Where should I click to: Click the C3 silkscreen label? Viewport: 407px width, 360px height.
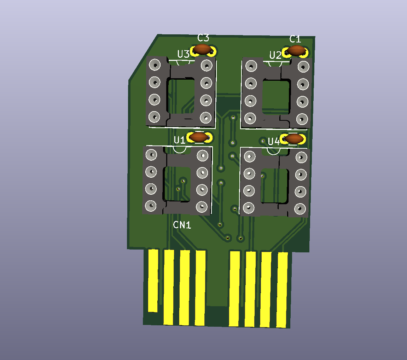[x=203, y=38]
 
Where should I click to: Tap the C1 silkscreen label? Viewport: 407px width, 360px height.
[x=295, y=39]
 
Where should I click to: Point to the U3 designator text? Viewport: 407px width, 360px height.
[x=183, y=54]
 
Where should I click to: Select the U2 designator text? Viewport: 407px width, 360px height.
[x=275, y=55]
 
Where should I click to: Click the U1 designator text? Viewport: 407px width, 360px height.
[x=179, y=140]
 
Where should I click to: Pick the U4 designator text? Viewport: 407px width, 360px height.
[x=274, y=141]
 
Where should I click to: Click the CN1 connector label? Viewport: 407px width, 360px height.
[x=182, y=225]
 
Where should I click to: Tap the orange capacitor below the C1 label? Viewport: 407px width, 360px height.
[x=296, y=50]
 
